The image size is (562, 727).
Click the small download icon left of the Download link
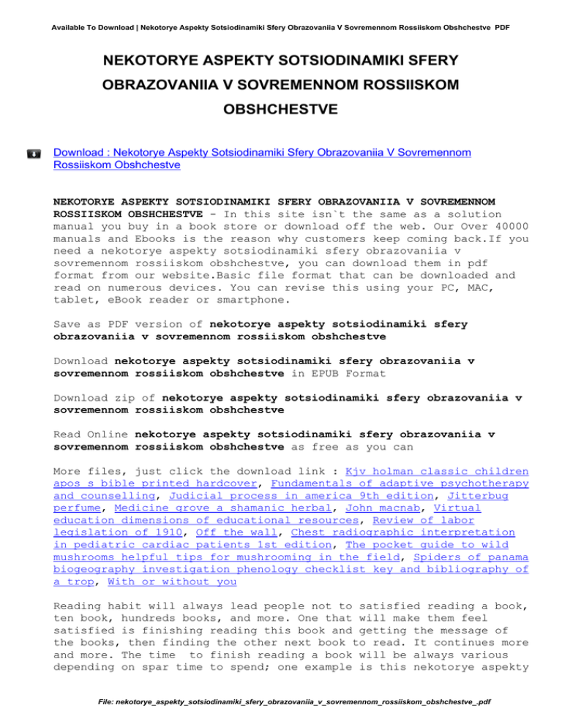tap(34, 154)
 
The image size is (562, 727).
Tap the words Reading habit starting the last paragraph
tap(94, 596)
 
